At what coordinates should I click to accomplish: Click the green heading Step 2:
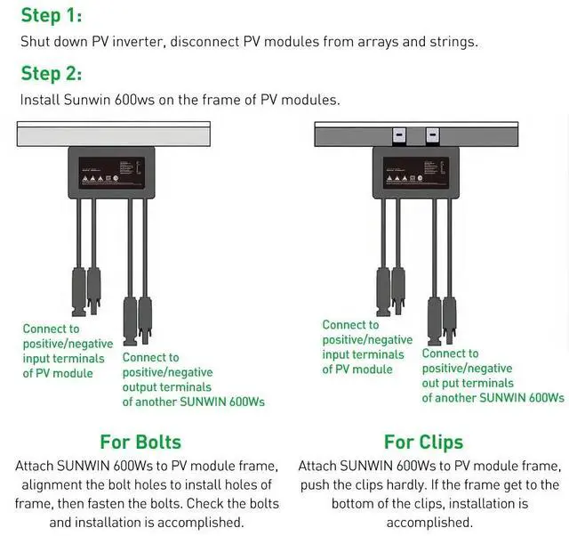[51, 73]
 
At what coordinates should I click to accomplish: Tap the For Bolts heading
[140, 442]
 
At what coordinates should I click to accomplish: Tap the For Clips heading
[423, 442]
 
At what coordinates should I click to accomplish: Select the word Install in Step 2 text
[42, 100]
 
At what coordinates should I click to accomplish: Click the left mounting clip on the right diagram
[398, 137]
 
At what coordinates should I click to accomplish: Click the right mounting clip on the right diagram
[433, 137]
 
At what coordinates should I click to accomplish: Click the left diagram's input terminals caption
[68, 351]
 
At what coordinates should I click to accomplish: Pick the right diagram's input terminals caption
[367, 347]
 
